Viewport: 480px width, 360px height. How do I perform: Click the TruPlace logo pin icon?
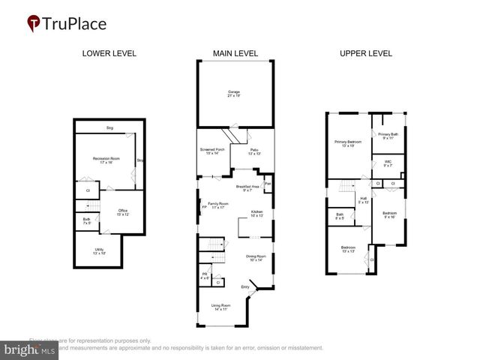(34, 24)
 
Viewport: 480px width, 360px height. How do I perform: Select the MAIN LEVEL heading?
(234, 54)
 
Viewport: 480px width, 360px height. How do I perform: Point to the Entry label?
(244, 287)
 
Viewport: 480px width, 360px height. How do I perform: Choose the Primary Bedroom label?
(347, 143)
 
